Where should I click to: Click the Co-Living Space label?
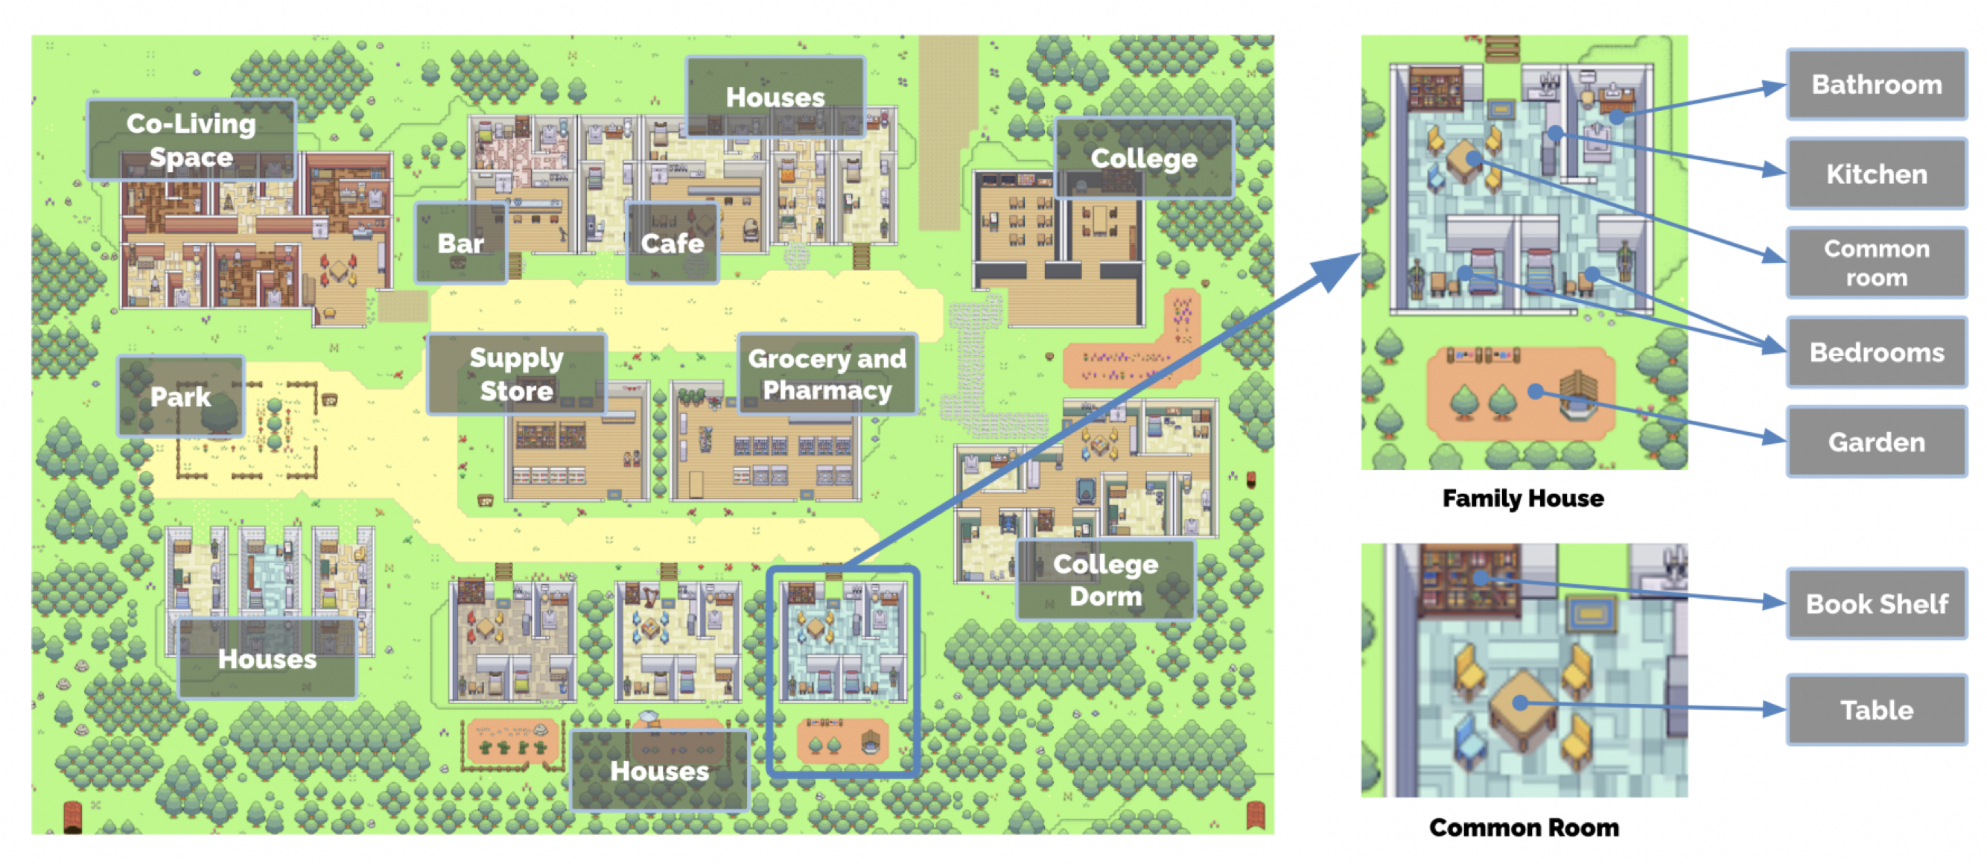point(191,139)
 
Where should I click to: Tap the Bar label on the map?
point(460,243)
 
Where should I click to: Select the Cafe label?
point(672,243)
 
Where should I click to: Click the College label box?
point(1143,158)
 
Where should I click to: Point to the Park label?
point(180,396)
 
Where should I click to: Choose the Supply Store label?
point(516,374)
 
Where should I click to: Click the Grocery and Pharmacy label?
point(827,374)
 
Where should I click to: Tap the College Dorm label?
point(1105,580)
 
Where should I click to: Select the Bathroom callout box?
point(1876,84)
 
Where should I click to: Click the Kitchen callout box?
point(1876,174)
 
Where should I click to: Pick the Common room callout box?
point(1876,262)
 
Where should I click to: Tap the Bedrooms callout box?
point(1876,352)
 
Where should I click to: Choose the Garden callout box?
point(1876,442)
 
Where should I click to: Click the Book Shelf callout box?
point(1876,603)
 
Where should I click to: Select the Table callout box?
point(1876,710)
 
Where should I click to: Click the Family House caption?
point(1522,498)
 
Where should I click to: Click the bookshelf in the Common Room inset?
point(1469,580)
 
